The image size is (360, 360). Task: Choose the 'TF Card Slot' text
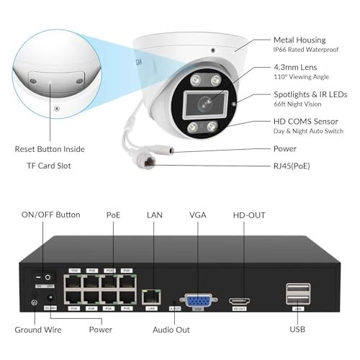point(50,165)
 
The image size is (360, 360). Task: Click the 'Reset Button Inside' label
point(50,149)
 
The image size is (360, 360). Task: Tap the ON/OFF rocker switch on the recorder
point(42,276)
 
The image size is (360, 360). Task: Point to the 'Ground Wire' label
point(38,330)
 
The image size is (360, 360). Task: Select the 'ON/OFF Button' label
point(51,215)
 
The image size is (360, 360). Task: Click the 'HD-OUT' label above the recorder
point(248,215)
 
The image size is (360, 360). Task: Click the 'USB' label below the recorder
point(297,330)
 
